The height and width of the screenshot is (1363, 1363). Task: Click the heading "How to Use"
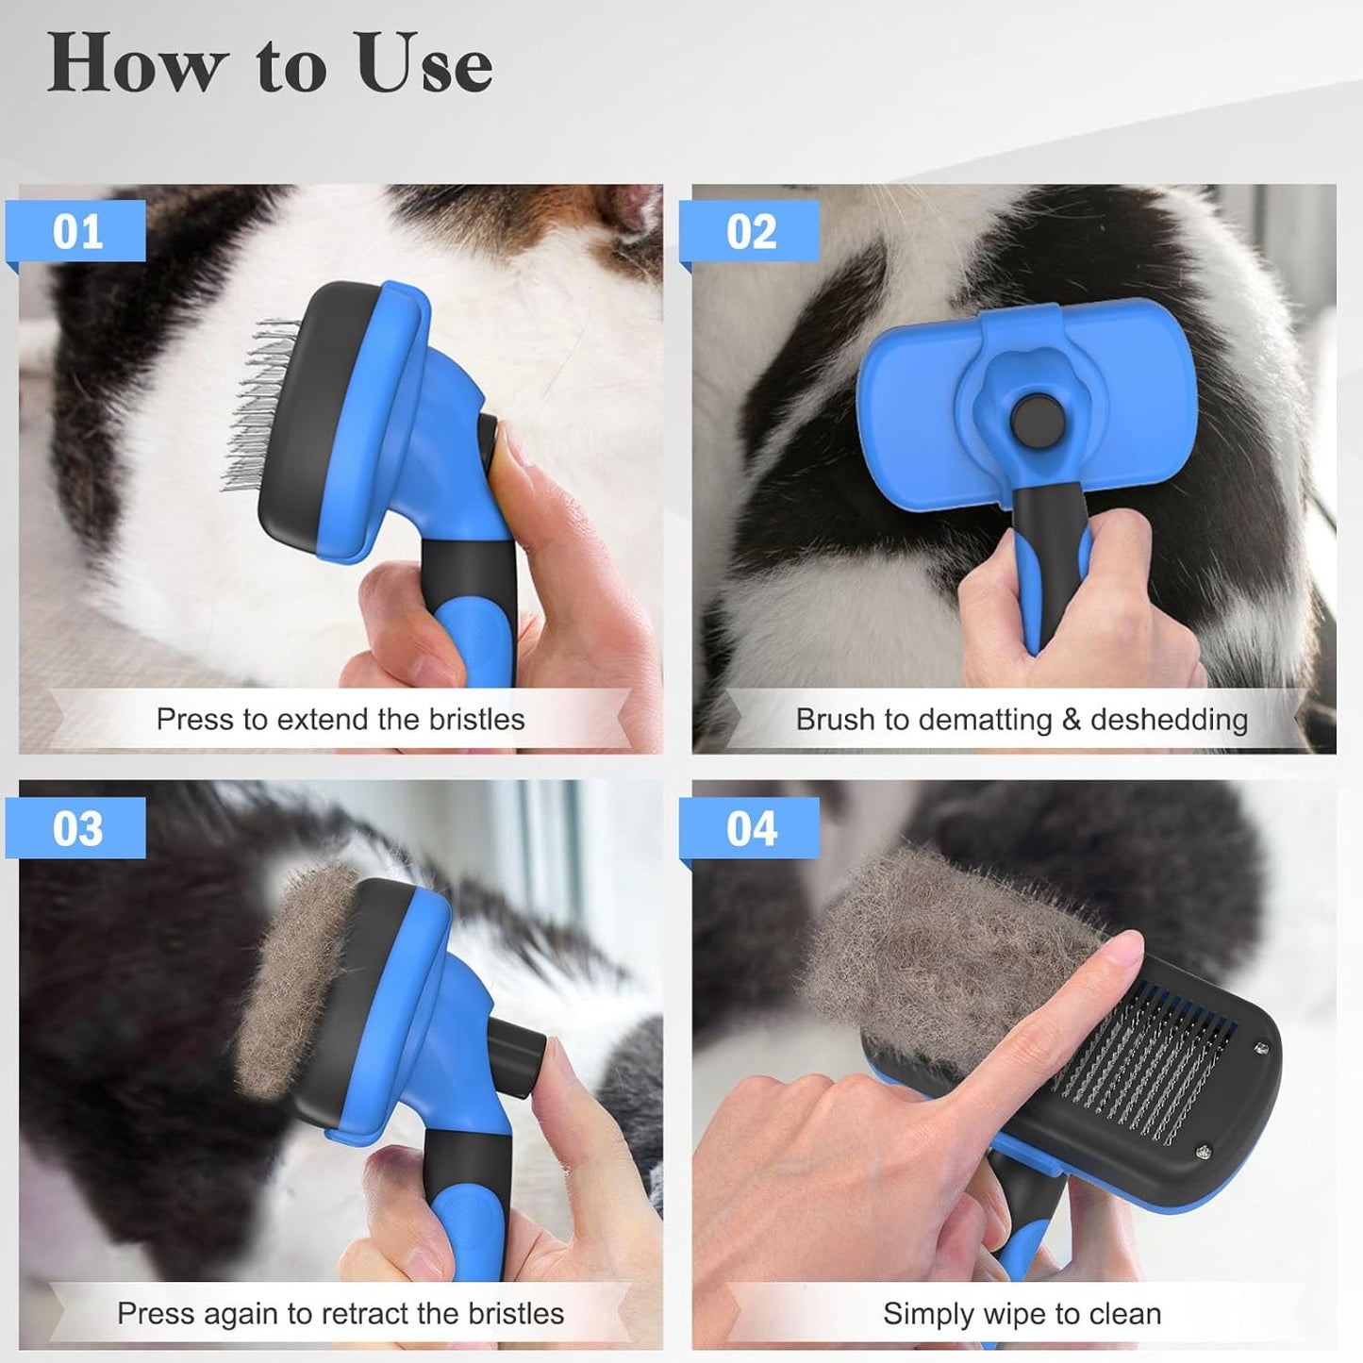tap(270, 63)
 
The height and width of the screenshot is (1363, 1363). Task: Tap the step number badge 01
tap(77, 232)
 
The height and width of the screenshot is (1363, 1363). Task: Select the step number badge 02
tap(751, 232)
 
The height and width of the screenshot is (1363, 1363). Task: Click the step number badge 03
tap(77, 829)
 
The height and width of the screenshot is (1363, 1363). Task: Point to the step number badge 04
tap(751, 829)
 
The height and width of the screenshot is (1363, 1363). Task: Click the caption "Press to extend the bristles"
tap(341, 720)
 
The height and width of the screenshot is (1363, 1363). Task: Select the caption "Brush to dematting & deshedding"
tap(1022, 720)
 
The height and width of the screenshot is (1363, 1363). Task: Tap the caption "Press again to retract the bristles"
tap(341, 1313)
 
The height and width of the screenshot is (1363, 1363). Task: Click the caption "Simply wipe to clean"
tap(1022, 1313)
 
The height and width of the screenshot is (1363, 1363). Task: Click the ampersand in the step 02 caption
tap(1071, 720)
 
